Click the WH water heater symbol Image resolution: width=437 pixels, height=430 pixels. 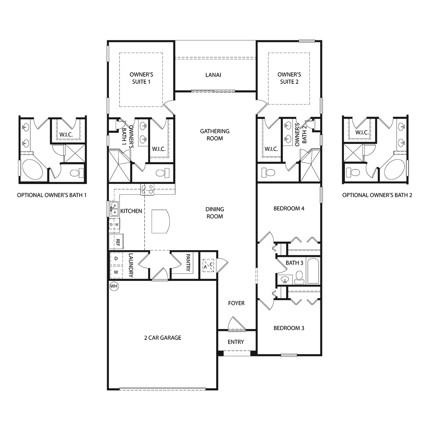tap(114, 286)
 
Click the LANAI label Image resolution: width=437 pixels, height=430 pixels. tap(213, 75)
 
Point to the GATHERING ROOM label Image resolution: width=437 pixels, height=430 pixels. tap(214, 135)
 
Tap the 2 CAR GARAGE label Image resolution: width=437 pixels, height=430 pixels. tap(162, 338)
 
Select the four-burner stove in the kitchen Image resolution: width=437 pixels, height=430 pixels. tap(147, 189)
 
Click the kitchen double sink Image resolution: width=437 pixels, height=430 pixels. tap(114, 209)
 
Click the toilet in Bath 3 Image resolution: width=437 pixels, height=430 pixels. tap(299, 277)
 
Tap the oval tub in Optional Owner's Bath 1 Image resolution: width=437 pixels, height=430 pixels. tap(33, 170)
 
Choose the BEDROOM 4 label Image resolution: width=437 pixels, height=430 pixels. tap(289, 208)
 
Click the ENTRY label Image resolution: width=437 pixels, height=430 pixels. tap(236, 342)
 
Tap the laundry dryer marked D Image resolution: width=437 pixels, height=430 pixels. tap(116, 258)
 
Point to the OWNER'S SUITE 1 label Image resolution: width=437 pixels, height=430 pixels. tap(141, 78)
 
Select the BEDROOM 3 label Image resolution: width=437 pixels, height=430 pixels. tap(289, 328)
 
